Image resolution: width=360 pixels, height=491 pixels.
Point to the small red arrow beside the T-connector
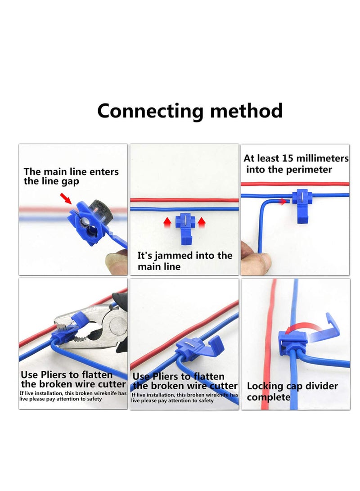tap(284, 202)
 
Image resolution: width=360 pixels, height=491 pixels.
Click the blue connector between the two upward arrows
tap(184, 227)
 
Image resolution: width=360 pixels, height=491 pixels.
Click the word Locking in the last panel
tap(266, 386)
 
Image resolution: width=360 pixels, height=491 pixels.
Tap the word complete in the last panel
tap(268, 397)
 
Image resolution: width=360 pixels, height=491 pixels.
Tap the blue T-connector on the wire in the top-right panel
tap(302, 203)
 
